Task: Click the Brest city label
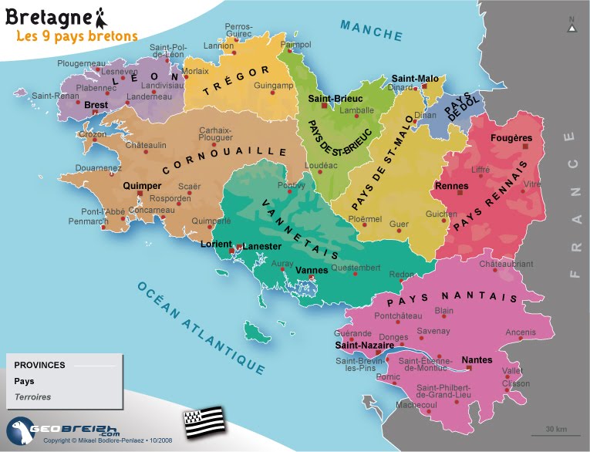[x=96, y=104]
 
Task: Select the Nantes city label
[x=476, y=360]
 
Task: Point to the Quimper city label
[x=140, y=186]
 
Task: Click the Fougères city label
[x=511, y=138]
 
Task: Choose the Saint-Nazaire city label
[x=364, y=346]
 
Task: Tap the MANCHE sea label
[x=373, y=30]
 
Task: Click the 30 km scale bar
[x=555, y=432]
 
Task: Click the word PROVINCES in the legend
[x=39, y=365]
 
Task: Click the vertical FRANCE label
[x=571, y=204]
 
